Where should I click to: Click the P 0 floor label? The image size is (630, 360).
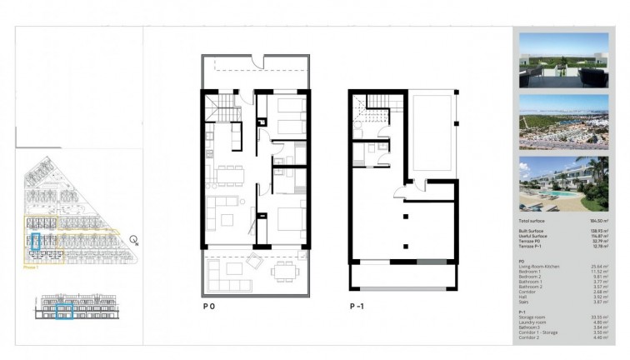pyautogui.click(x=209, y=307)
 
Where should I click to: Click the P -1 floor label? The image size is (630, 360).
pyautogui.click(x=357, y=307)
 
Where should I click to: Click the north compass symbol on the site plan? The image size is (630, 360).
pyautogui.click(x=133, y=241)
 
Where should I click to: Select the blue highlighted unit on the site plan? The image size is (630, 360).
pyautogui.click(x=36, y=242)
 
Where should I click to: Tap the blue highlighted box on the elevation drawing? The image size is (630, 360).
pyautogui.click(x=63, y=312)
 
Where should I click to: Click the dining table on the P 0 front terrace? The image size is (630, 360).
pyautogui.click(x=282, y=270)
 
